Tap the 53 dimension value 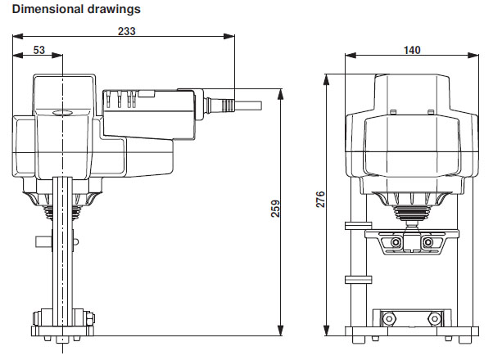(x=38, y=50)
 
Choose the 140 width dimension (x=412, y=50)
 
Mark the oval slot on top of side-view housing (x=63, y=113)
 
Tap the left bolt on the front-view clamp (x=396, y=244)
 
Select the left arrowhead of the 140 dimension (x=349, y=56)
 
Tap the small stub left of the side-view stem (x=42, y=242)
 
